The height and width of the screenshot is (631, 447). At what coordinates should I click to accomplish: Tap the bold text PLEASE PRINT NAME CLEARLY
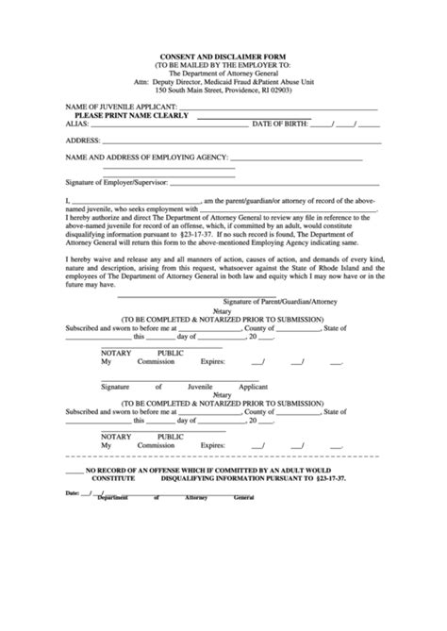pyautogui.click(x=131, y=116)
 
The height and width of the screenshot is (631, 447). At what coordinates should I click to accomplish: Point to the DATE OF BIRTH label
pyautogui.click(x=277, y=124)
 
